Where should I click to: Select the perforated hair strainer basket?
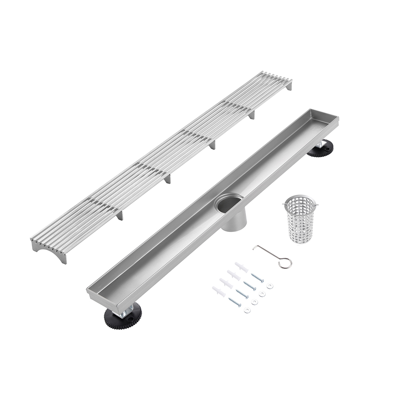click(x=301, y=221)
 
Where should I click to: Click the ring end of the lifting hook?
click(x=285, y=263)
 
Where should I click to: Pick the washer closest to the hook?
click(x=270, y=286)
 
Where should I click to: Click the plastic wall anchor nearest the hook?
click(x=241, y=267)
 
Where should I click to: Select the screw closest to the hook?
click(x=257, y=278)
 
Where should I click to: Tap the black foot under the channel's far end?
click(x=320, y=149)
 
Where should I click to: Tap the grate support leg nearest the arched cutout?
click(x=120, y=216)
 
